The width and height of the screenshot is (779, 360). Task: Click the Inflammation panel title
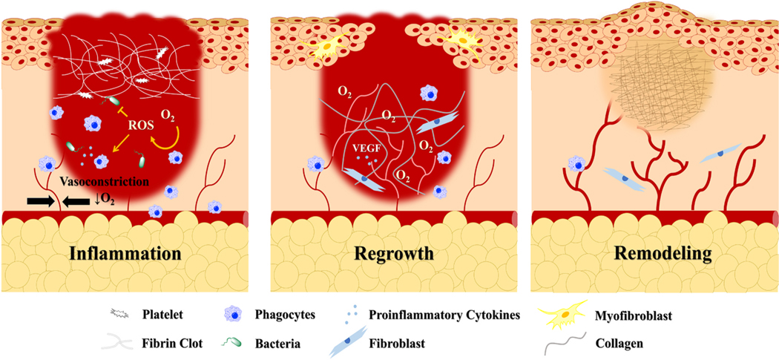coord(125,253)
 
